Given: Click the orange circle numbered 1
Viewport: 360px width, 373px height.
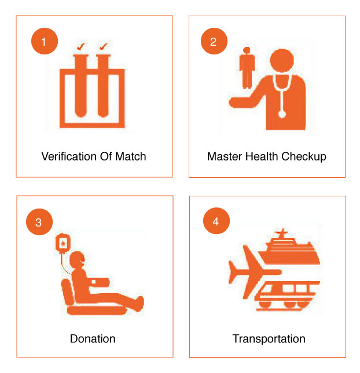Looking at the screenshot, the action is (x=45, y=41).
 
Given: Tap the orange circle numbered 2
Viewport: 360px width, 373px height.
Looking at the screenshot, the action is (x=214, y=41).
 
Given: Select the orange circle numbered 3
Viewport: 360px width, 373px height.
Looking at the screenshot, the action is (x=39, y=222).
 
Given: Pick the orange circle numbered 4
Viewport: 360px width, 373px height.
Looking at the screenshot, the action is (x=216, y=221).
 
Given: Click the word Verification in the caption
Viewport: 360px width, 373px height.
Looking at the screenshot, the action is (x=69, y=156).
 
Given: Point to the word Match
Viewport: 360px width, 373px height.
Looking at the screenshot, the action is (x=131, y=156).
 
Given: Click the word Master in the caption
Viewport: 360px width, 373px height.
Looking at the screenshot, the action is (x=225, y=156).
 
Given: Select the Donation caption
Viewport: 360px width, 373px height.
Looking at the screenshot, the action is (x=93, y=339).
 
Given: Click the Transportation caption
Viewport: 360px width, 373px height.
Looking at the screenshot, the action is (x=269, y=339).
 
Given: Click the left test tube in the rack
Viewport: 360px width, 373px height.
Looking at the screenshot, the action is (x=80, y=86).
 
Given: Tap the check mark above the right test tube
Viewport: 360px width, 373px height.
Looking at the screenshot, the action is (x=103, y=46).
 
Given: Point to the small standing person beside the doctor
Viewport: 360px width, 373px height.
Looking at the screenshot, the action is (x=247, y=68).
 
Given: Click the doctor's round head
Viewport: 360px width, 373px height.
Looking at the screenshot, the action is (x=282, y=60).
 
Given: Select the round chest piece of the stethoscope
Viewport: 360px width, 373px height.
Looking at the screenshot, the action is (x=282, y=115).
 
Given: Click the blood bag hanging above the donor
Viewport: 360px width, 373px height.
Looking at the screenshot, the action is (x=63, y=242).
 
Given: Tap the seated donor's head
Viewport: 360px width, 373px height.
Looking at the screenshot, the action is (x=77, y=259).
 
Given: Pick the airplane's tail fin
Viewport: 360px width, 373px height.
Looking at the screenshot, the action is (x=233, y=272).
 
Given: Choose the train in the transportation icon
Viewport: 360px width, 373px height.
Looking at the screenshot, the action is (x=287, y=295).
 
